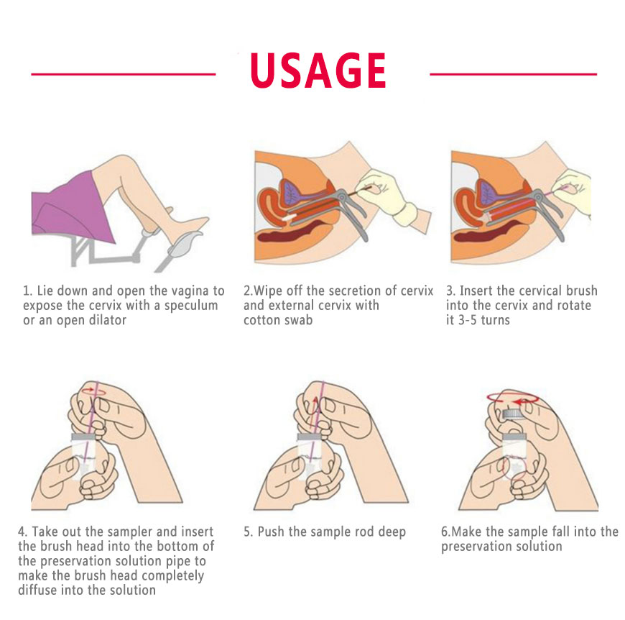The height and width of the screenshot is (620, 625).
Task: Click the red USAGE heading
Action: [318, 70]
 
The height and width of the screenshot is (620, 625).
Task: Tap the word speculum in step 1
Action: [191, 306]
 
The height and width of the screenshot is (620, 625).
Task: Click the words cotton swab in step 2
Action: [278, 320]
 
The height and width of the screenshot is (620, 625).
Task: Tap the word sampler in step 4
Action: [129, 532]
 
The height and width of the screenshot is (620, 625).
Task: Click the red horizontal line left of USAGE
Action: [123, 74]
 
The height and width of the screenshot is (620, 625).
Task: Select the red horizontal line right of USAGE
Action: [514, 74]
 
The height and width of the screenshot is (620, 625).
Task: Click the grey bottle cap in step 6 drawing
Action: [514, 414]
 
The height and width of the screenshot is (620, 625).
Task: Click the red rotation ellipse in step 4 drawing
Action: [94, 392]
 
